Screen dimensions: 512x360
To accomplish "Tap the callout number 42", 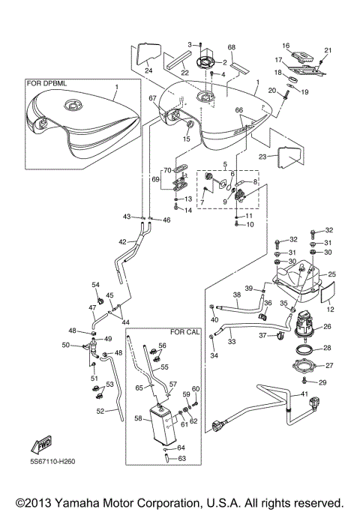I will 122,241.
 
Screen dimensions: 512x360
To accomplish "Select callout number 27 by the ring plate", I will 328,366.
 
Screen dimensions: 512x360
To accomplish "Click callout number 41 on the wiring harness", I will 304,394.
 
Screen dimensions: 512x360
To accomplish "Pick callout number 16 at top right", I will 286,46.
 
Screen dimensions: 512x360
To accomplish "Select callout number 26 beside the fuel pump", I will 328,326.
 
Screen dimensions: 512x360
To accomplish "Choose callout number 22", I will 183,72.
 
